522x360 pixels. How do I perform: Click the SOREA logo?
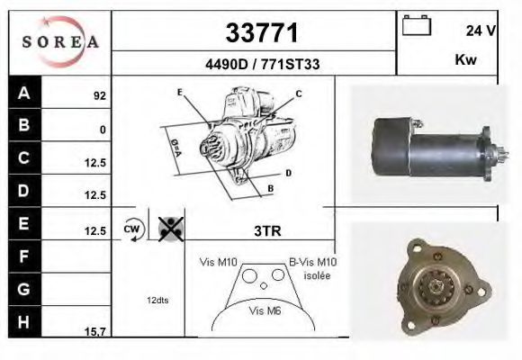[x=59, y=42]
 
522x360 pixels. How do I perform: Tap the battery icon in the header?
[x=416, y=25]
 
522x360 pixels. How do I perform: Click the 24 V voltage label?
[x=481, y=31]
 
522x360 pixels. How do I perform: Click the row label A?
[x=24, y=93]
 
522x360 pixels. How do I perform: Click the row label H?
[x=24, y=321]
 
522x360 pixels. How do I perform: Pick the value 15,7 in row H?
[x=95, y=332]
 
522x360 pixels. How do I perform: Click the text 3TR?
[x=268, y=231]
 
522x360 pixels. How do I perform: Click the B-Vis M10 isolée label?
[x=312, y=267]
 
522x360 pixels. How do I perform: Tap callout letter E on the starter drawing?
[x=180, y=93]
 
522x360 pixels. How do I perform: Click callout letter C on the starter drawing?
[x=299, y=94]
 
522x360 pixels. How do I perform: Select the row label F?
[x=24, y=256]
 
